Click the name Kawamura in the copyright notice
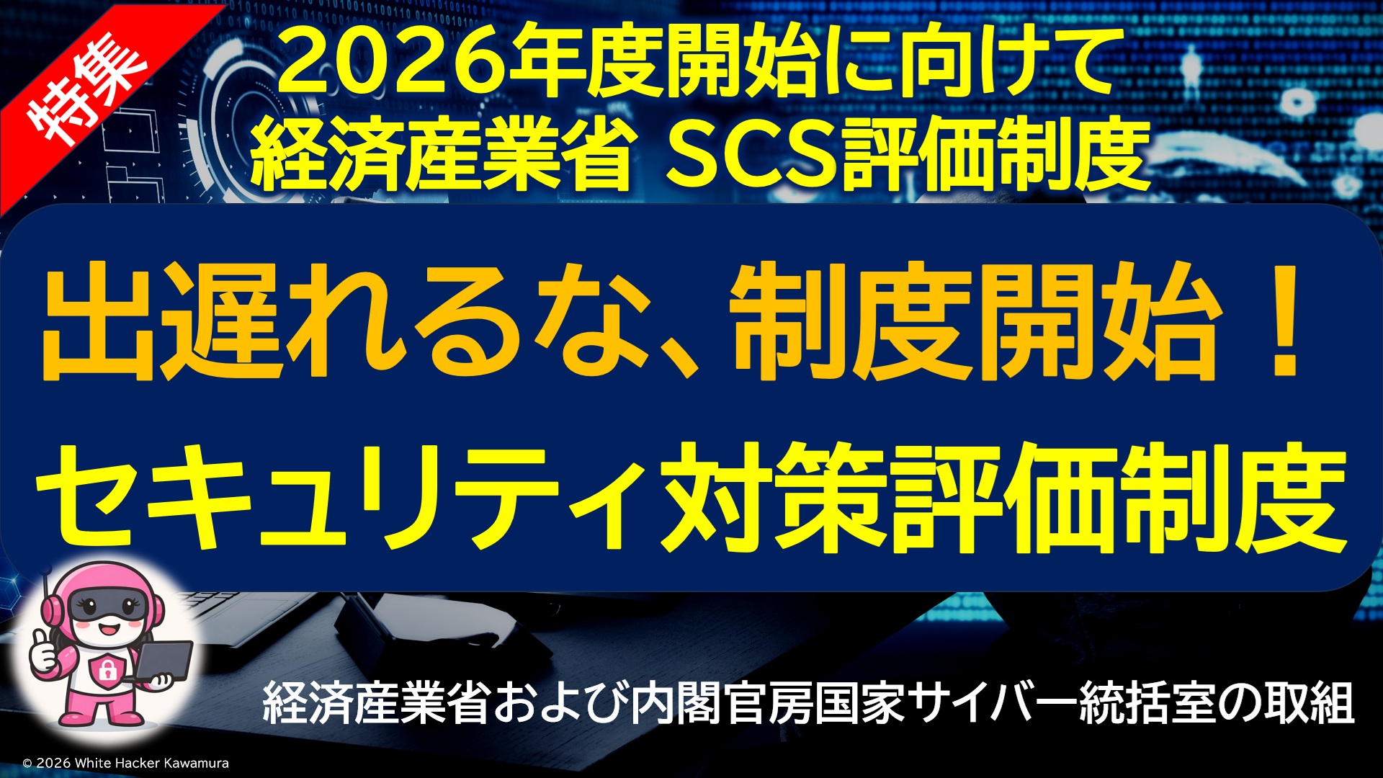(196, 763)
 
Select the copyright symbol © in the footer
(27, 763)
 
